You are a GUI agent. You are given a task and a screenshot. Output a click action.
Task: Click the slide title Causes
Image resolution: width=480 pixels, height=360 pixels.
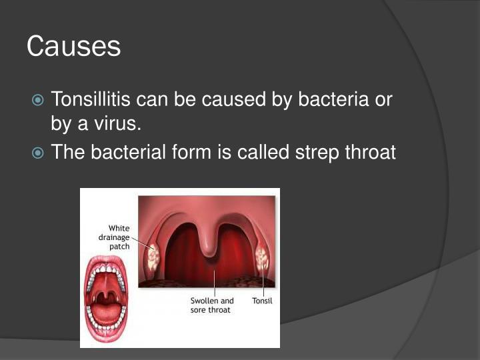point(73,47)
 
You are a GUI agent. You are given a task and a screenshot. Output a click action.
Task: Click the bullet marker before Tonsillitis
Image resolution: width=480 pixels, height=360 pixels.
point(39,101)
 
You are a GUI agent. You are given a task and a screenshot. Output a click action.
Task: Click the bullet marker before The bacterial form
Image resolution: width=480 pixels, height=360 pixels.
point(39,153)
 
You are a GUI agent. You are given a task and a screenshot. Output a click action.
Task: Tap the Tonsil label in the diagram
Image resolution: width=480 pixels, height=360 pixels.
point(262,301)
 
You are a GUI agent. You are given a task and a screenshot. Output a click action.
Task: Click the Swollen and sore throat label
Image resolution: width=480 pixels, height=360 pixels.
point(212,305)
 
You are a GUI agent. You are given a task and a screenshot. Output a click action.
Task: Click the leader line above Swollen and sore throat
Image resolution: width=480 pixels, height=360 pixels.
point(213,283)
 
